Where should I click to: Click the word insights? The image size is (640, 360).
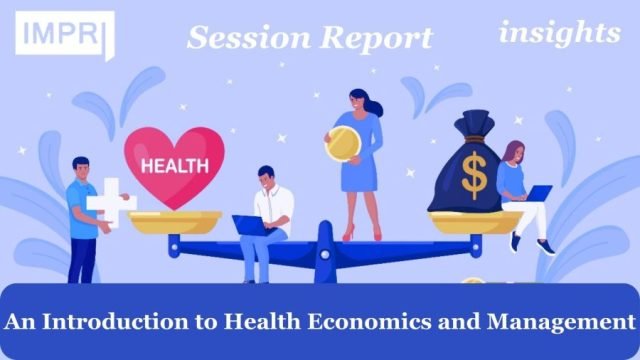[x=559, y=33]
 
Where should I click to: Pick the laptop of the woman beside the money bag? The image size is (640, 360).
[x=538, y=193]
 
